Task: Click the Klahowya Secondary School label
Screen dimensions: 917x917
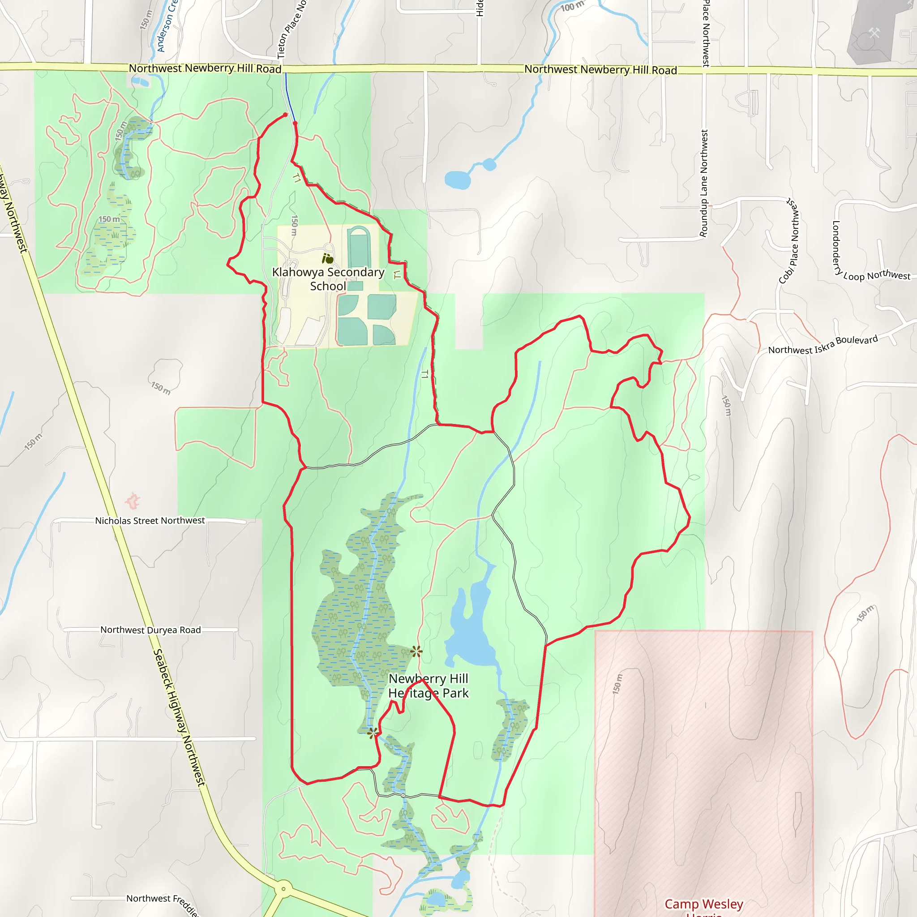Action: tap(328, 279)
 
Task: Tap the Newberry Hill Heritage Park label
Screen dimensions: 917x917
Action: tap(428, 686)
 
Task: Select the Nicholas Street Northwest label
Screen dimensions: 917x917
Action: tap(150, 521)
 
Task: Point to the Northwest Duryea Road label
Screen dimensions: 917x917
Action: tap(150, 630)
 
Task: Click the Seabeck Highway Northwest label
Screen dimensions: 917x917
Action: tap(179, 717)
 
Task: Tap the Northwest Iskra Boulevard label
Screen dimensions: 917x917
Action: tap(823, 345)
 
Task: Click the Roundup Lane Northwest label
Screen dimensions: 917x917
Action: tap(704, 183)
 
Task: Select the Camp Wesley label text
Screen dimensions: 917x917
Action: tap(703, 904)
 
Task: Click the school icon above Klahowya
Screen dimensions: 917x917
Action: tap(327, 258)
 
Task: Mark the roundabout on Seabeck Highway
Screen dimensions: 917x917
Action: tap(283, 888)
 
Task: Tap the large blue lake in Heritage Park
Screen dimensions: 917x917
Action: tap(470, 631)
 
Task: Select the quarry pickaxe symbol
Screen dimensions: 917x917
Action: tap(874, 33)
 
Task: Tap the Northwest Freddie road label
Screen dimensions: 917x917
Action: tap(162, 901)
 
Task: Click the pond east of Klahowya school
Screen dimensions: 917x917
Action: tap(457, 180)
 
